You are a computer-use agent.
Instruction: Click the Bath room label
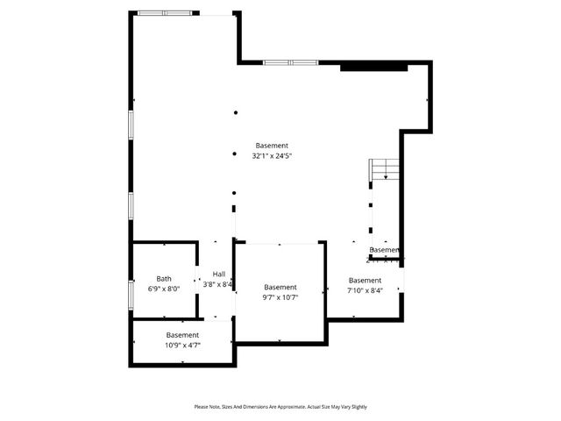coord(164,278)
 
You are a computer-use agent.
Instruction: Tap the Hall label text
coord(218,275)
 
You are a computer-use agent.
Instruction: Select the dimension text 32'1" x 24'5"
coord(272,155)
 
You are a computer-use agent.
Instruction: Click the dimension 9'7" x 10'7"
coord(280,297)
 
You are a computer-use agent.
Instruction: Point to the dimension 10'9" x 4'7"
coord(182,345)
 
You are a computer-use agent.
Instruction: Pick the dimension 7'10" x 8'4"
coord(365,290)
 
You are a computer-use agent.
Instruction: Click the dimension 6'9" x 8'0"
coord(164,288)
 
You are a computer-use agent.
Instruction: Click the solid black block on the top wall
coord(373,66)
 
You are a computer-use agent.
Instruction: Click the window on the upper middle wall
coord(290,62)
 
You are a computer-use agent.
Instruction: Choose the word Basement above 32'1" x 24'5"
coord(272,146)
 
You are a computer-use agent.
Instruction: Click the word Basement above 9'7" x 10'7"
coord(280,287)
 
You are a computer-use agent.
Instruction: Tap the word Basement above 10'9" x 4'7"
coord(182,335)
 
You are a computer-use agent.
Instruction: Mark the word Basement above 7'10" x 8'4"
coord(365,281)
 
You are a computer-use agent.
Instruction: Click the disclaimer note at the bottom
coord(280,407)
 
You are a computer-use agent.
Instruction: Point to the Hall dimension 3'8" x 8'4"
coord(218,284)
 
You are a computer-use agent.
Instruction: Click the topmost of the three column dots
coord(234,112)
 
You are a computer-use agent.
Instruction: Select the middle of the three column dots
coord(234,153)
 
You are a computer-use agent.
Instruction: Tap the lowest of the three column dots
coord(234,193)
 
